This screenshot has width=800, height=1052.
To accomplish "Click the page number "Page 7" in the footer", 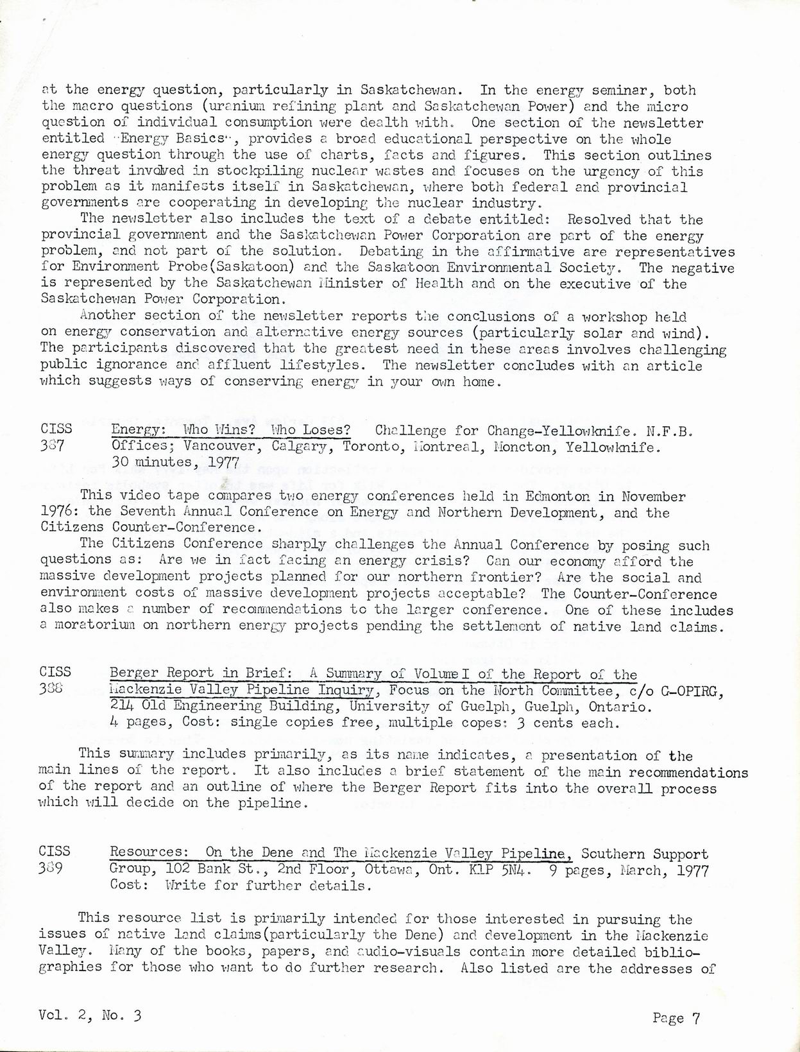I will pos(676,1017).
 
